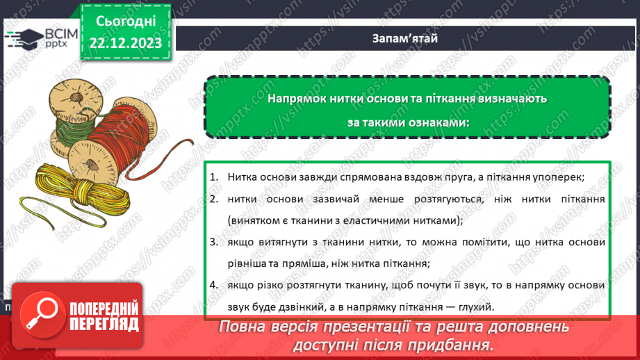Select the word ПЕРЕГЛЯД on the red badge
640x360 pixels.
pyautogui.click(x=102, y=324)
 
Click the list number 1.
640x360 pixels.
pyautogui.click(x=214, y=177)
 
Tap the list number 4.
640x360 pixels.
pyautogui.click(x=214, y=286)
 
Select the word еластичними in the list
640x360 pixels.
pyautogui.click(x=386, y=220)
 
